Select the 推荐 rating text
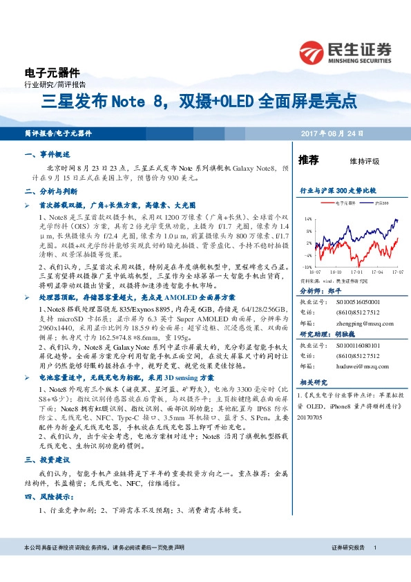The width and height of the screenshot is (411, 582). point(308,160)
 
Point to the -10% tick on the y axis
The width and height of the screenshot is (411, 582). point(307,266)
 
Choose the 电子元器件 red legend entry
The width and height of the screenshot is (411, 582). point(341,203)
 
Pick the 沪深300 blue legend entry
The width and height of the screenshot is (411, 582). point(381,203)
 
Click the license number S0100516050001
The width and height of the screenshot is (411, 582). point(359,303)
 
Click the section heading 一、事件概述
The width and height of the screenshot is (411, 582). point(47,154)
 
